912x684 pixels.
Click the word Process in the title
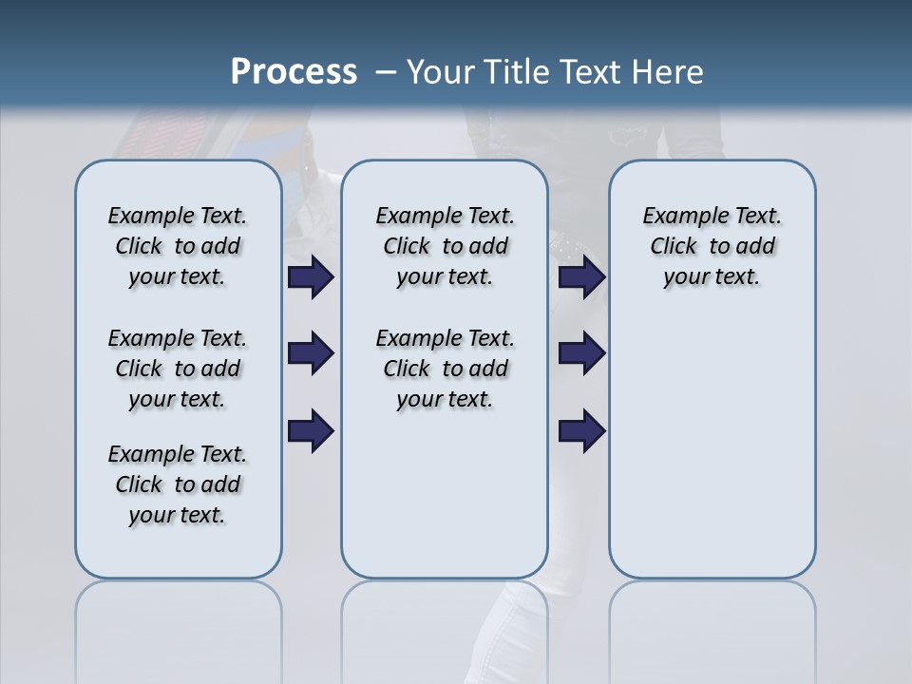click(x=294, y=72)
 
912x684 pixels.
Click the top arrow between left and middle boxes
click(x=311, y=277)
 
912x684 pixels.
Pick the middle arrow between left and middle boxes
click(x=311, y=353)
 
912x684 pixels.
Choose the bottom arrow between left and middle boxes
click(x=311, y=431)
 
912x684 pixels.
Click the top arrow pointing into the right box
click(x=581, y=277)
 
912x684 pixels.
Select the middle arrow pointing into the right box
click(x=581, y=353)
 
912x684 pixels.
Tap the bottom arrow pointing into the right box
click(x=581, y=431)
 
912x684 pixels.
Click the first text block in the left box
click(x=178, y=246)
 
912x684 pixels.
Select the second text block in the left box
click(x=178, y=369)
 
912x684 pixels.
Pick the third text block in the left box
click(x=178, y=484)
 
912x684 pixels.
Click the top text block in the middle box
click(x=445, y=246)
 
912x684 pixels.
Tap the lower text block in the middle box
click(x=445, y=369)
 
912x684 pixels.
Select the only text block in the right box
click(x=712, y=246)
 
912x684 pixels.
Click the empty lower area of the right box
click(x=712, y=446)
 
